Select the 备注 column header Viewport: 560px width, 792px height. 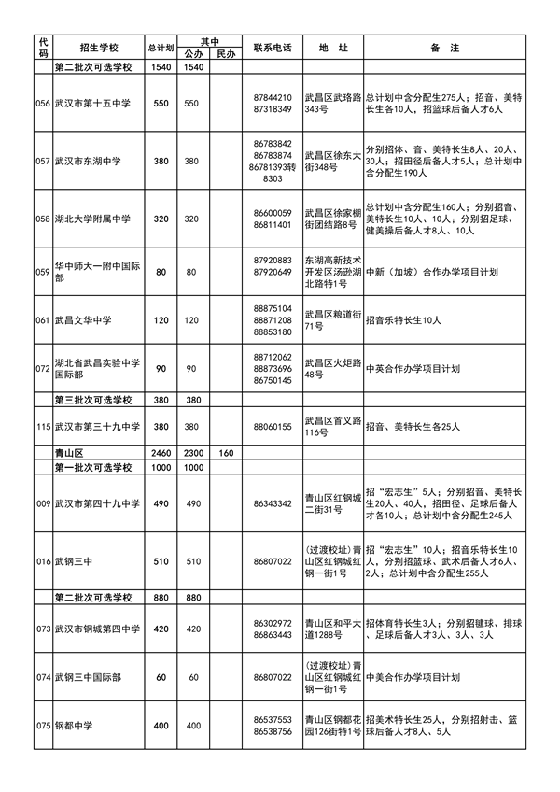click(x=436, y=47)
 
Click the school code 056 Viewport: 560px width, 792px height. click(x=42, y=104)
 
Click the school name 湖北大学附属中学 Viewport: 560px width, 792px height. click(x=91, y=219)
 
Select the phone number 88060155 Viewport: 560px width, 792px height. click(x=273, y=427)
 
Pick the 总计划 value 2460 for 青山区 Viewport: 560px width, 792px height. click(x=161, y=453)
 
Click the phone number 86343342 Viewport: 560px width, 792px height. click(x=273, y=503)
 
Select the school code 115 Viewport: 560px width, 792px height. click(x=42, y=427)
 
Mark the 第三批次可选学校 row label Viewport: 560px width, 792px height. click(x=94, y=400)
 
